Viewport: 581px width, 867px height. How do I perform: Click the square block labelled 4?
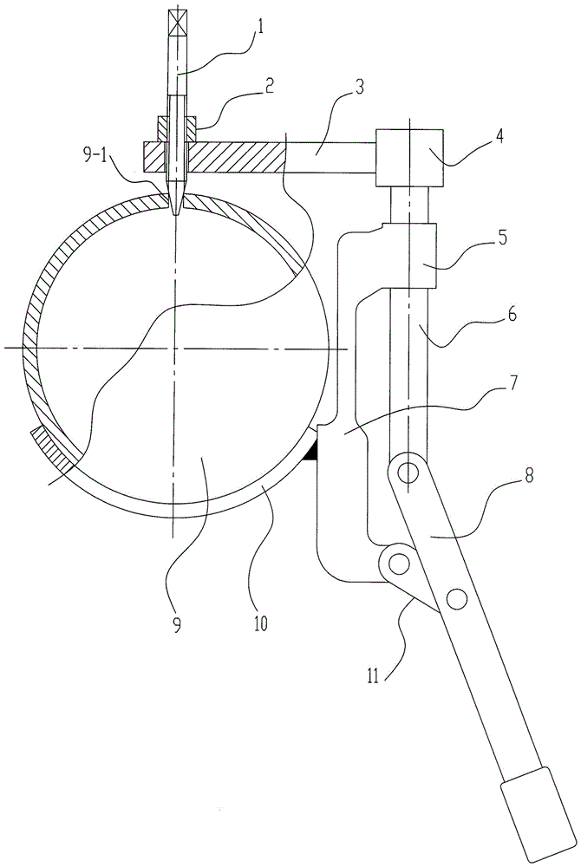click(408, 155)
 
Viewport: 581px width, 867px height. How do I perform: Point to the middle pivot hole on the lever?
click(456, 596)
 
